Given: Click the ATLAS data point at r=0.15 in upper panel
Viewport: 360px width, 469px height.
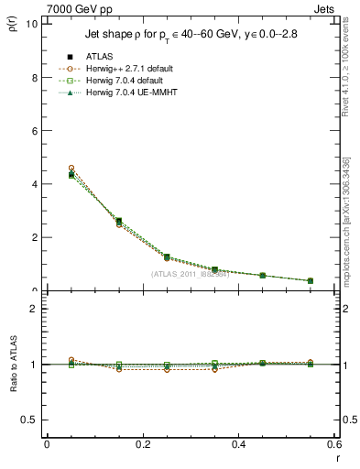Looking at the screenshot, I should [119, 221].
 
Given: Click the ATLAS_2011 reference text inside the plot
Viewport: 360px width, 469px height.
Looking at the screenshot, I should [190, 274].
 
